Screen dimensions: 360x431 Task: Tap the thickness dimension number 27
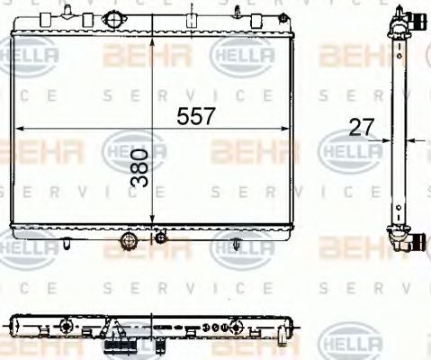[360, 128]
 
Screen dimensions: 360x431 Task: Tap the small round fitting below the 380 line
[160, 238]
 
